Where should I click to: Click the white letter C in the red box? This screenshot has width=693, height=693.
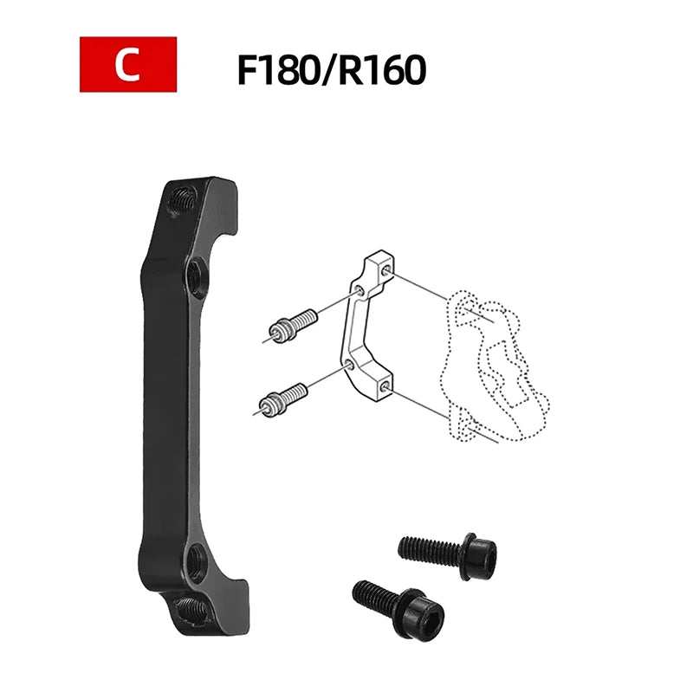click(127, 64)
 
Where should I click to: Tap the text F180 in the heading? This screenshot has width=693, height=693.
click(277, 70)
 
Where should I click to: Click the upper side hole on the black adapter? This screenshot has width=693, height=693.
click(193, 277)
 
